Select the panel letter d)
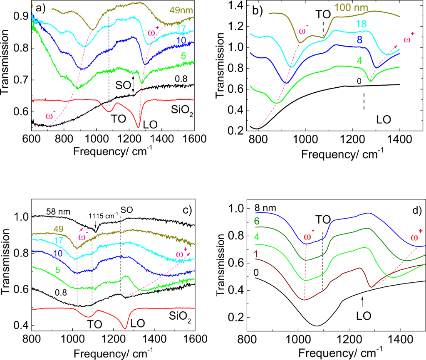[416, 210]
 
